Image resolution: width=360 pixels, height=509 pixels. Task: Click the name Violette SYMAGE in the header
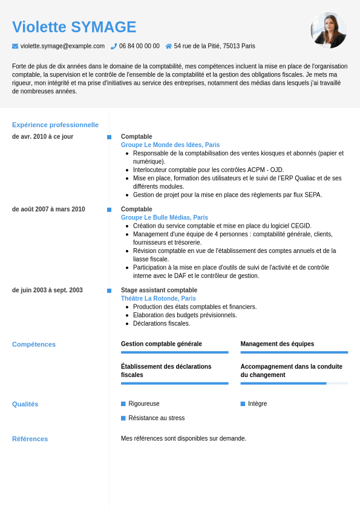(x=74, y=27)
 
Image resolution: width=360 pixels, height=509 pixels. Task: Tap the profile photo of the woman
(x=329, y=30)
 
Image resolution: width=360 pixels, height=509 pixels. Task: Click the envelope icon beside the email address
(x=15, y=46)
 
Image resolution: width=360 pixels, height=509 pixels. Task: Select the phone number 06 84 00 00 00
(x=139, y=46)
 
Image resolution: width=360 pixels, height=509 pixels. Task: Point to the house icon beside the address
(x=168, y=46)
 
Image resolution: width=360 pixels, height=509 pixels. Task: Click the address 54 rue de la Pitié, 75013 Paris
(x=214, y=46)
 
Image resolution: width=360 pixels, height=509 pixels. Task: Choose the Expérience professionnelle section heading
(x=55, y=125)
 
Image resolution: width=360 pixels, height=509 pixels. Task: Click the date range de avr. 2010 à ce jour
(x=42, y=137)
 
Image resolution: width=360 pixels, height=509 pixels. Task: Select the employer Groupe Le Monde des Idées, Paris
(x=170, y=145)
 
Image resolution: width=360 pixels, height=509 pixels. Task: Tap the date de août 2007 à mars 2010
(x=48, y=209)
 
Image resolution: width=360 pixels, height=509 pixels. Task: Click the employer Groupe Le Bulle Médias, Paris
(x=164, y=217)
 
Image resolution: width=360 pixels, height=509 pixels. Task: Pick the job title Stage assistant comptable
(x=159, y=291)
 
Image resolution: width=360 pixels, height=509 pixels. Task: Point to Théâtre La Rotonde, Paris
(x=158, y=298)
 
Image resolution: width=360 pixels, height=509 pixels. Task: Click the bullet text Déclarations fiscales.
(x=161, y=323)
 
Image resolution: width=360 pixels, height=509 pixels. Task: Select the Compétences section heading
(x=34, y=344)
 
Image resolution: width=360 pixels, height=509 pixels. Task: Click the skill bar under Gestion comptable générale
(x=174, y=352)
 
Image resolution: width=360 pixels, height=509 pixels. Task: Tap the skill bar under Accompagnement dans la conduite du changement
(x=294, y=383)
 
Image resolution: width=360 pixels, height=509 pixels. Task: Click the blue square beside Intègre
(x=243, y=404)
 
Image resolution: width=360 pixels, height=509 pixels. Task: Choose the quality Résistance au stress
(x=156, y=418)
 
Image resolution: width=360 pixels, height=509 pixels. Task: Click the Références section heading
(x=30, y=439)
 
